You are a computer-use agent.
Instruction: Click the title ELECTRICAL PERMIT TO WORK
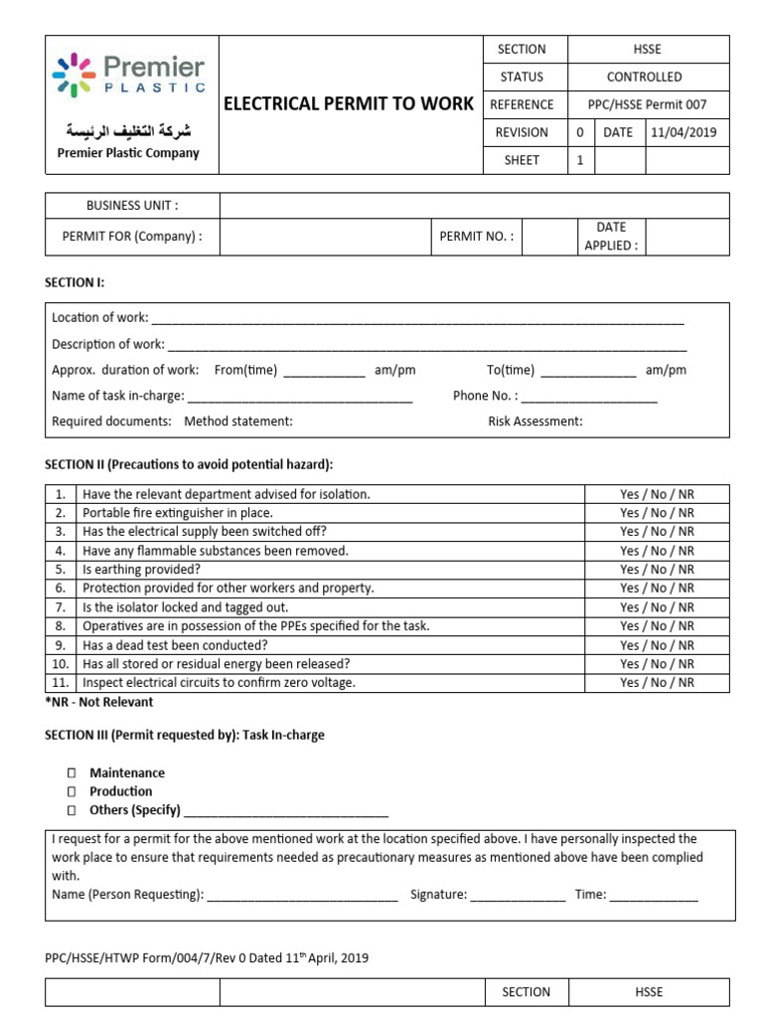tap(349, 103)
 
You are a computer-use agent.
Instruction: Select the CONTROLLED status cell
tap(644, 77)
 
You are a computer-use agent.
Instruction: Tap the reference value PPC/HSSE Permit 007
tap(644, 104)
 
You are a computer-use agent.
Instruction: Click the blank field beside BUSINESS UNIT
tap(474, 206)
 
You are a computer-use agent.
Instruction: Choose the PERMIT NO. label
tap(477, 237)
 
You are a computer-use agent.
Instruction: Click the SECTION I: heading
tap(75, 283)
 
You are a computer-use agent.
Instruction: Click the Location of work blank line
tap(417, 319)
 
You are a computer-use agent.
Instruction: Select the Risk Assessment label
tap(534, 422)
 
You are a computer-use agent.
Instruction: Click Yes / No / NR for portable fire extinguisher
tap(657, 513)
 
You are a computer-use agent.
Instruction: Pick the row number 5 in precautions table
tap(61, 570)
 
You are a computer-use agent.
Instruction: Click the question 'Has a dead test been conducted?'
tap(175, 645)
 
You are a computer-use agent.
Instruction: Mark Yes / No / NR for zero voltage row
tap(657, 683)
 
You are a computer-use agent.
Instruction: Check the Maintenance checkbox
tap(72, 773)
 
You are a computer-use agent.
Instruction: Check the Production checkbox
tap(72, 792)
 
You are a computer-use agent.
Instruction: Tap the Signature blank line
tap(518, 896)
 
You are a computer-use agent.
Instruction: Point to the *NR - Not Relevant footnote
tap(99, 702)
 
